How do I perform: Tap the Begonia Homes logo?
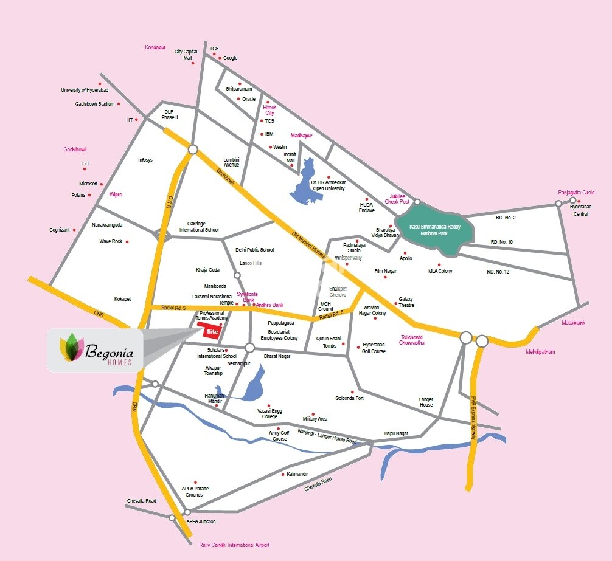click(x=95, y=350)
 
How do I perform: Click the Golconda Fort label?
click(x=349, y=398)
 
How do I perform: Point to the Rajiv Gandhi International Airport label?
click(x=234, y=545)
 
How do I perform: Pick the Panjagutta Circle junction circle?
click(x=572, y=200)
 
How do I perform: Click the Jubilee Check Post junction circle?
click(x=417, y=201)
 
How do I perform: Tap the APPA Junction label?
click(x=201, y=521)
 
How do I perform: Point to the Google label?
click(x=231, y=58)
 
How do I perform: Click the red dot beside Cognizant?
click(x=75, y=230)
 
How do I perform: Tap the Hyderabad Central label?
click(x=580, y=210)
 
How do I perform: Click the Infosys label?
click(x=145, y=160)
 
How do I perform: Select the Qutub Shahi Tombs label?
click(x=329, y=342)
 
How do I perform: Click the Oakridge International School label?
click(x=199, y=227)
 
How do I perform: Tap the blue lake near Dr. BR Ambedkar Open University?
click(x=304, y=183)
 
